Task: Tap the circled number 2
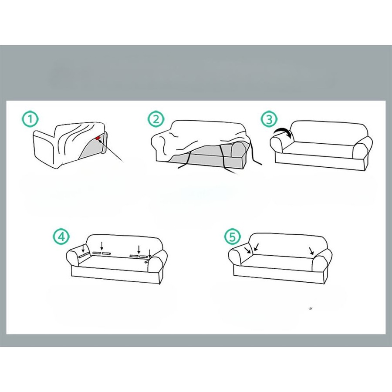click(155, 119)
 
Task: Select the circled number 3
click(269, 119)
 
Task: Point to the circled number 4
click(61, 237)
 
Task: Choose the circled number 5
click(232, 237)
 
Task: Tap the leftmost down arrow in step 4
click(84, 248)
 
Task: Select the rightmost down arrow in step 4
click(149, 253)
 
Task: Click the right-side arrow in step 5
click(311, 251)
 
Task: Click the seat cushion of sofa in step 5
click(279, 260)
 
